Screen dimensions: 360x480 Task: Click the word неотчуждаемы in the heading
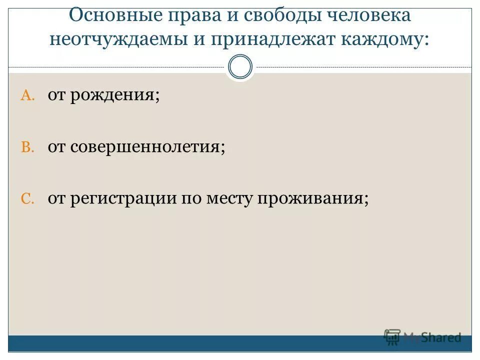click(118, 40)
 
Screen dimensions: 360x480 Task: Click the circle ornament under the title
click(240, 67)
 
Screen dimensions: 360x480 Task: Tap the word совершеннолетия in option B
click(147, 146)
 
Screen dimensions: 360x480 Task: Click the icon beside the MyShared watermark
click(392, 336)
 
